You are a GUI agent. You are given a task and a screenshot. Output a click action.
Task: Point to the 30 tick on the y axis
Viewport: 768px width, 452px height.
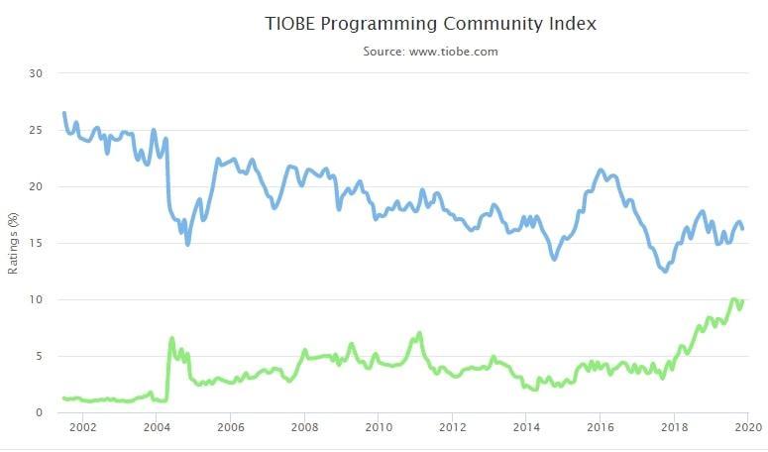point(37,73)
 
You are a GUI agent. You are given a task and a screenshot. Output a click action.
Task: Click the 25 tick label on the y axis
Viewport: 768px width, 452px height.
point(37,130)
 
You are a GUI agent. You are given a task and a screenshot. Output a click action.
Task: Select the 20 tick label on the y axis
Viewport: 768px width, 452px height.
point(37,186)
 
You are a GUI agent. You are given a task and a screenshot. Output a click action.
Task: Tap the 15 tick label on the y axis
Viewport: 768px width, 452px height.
point(37,243)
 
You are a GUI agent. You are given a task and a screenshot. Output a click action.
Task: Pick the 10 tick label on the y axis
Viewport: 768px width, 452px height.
point(37,299)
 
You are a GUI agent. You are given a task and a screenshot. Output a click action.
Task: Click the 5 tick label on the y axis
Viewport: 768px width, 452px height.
point(40,356)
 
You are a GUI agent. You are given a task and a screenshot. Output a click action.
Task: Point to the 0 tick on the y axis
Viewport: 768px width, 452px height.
point(40,412)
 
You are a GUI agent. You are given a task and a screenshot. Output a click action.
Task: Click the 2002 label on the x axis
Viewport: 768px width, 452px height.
point(82,427)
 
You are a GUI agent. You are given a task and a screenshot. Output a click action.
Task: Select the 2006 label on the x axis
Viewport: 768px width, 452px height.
point(230,427)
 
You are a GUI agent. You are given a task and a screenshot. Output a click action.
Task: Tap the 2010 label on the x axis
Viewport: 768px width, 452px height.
point(378,427)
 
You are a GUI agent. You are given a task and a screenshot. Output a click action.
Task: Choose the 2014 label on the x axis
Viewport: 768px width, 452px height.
point(526,427)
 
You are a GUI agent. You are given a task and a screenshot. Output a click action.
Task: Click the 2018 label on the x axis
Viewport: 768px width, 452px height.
point(674,427)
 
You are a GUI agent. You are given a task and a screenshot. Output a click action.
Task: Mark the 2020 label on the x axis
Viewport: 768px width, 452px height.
point(747,427)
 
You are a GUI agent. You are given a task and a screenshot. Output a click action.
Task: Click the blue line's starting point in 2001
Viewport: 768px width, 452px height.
point(64,113)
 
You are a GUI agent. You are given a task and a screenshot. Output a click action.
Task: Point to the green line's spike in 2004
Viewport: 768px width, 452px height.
point(172,339)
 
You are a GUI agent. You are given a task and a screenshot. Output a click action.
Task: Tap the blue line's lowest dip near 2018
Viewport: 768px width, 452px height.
point(664,271)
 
